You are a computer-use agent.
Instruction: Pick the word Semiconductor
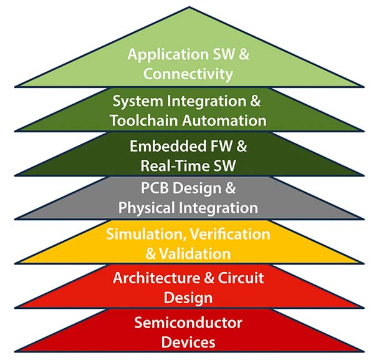(x=188, y=323)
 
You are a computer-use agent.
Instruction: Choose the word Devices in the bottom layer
(x=188, y=342)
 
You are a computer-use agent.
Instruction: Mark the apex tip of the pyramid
(x=189, y=7)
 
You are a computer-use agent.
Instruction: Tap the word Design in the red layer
(x=188, y=297)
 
